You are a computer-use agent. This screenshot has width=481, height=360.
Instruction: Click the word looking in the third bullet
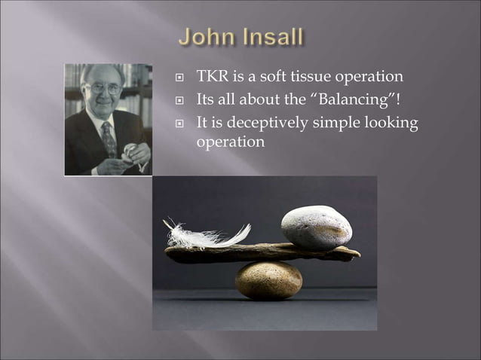[394, 124]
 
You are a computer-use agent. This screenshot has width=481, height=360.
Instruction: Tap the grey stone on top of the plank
[316, 227]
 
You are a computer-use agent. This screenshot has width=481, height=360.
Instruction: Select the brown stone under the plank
[268, 279]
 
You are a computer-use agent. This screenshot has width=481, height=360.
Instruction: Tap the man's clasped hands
[136, 156]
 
